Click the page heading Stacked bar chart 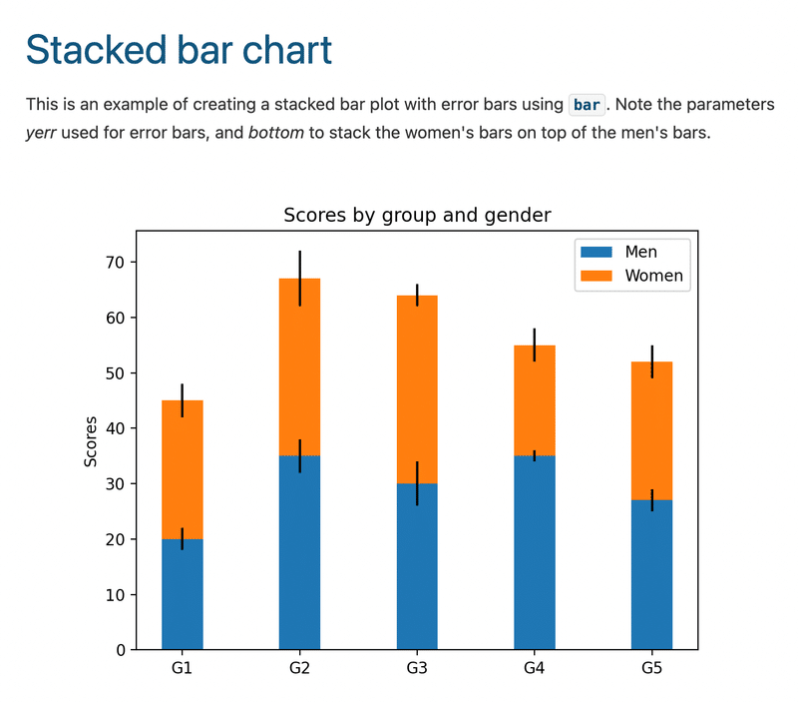coord(179,50)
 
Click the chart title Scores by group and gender coord(417,215)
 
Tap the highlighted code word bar coord(587,105)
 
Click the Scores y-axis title coord(91,440)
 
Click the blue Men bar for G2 coord(299,559)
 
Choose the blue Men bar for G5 coord(652,579)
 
